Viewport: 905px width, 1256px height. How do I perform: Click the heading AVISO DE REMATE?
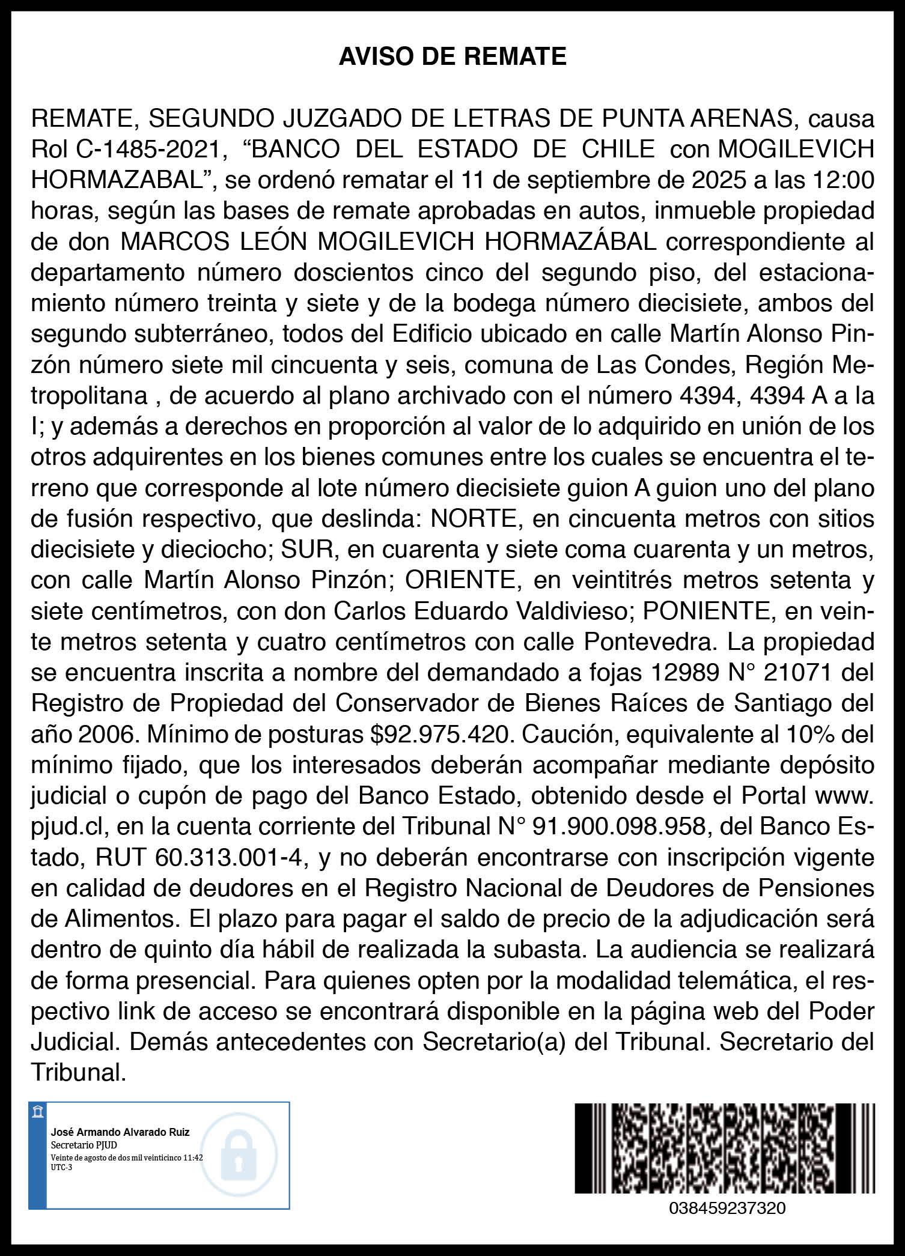(x=452, y=57)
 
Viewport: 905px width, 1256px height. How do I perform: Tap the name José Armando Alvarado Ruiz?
(x=120, y=1132)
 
